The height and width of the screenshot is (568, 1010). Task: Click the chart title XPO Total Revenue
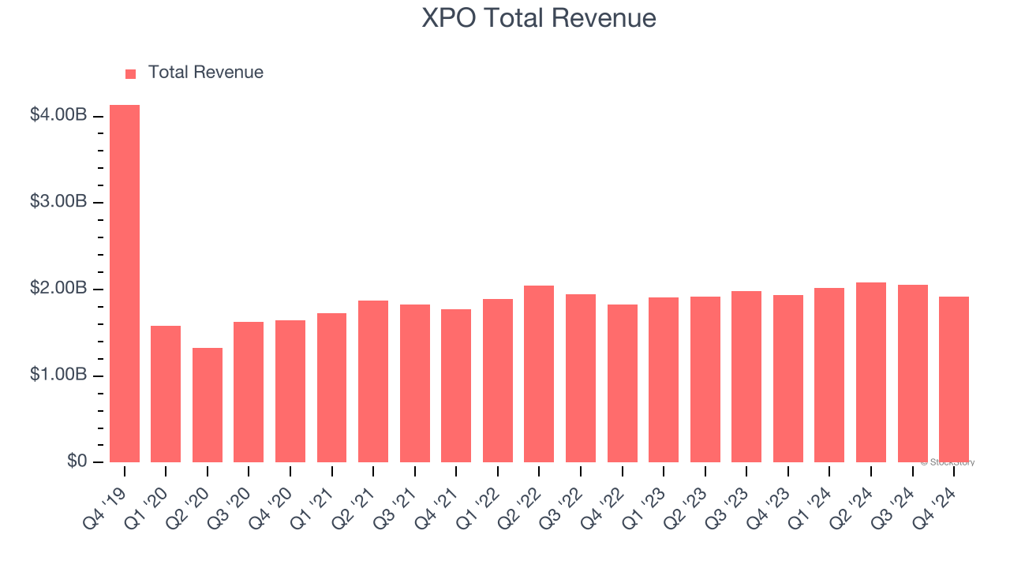539,18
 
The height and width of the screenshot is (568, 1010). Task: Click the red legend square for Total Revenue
130,73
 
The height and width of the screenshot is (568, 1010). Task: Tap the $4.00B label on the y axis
58,115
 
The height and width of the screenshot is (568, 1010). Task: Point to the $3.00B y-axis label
58,202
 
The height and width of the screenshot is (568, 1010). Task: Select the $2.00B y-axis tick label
58,288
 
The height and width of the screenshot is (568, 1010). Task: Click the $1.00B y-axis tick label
58,375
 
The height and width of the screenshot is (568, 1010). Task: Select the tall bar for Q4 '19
125,284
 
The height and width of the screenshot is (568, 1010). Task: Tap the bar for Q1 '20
166,394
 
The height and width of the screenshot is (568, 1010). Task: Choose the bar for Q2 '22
539,374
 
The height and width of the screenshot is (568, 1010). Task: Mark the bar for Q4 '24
954,379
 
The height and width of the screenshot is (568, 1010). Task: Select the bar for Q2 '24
871,372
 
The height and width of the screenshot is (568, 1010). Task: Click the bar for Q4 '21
456,386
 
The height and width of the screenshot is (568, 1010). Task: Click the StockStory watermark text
948,462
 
